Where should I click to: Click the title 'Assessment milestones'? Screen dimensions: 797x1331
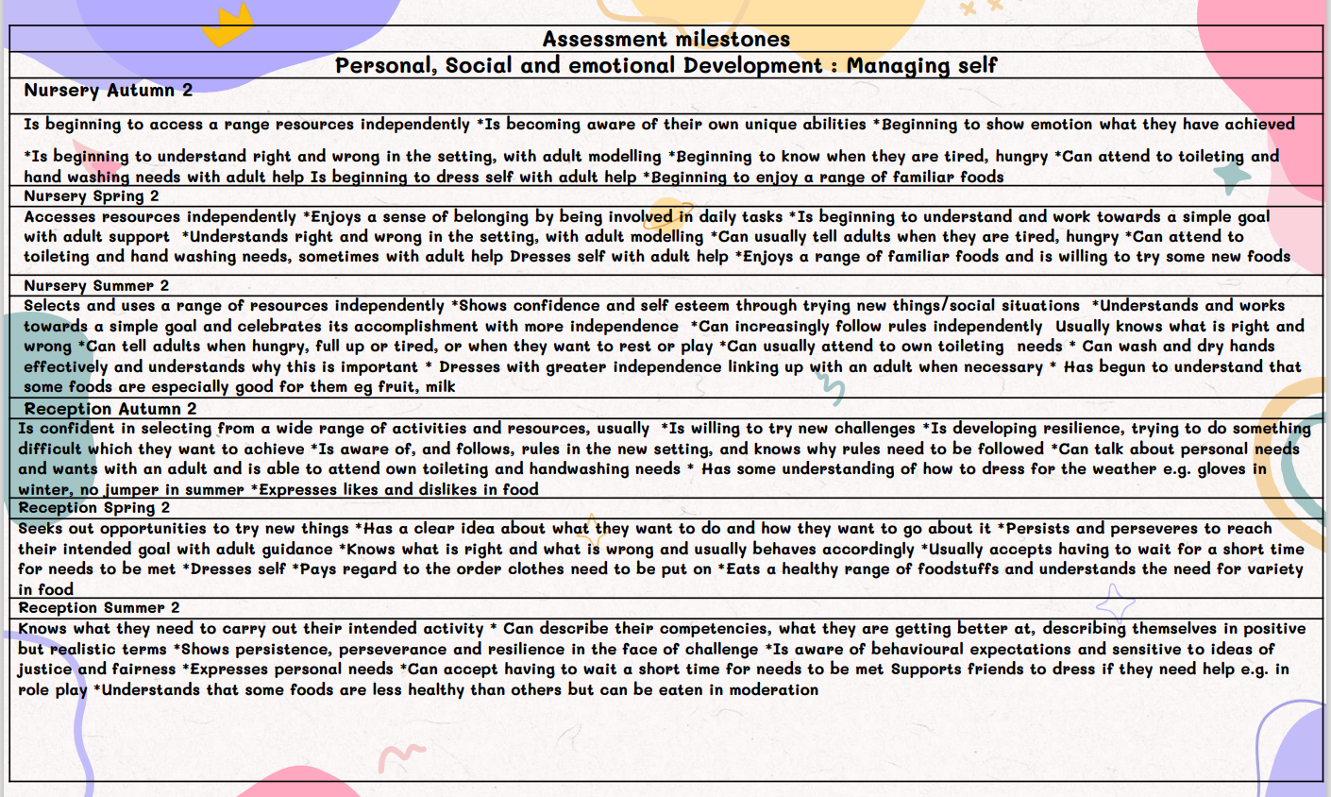tap(665, 39)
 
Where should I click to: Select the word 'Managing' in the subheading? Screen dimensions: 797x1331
tap(895, 65)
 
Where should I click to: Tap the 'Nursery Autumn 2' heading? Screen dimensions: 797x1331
tap(108, 91)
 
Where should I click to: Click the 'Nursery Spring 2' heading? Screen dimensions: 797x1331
tap(92, 196)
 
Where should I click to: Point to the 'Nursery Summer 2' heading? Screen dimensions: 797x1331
tap(96, 285)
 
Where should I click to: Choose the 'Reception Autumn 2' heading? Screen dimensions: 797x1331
tap(110, 409)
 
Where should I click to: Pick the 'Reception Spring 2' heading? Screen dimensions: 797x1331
tap(94, 508)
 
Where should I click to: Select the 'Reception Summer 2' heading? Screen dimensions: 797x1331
tap(99, 608)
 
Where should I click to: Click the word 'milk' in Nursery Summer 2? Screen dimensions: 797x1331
tap(440, 386)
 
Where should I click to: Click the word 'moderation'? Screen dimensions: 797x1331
tap(773, 689)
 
